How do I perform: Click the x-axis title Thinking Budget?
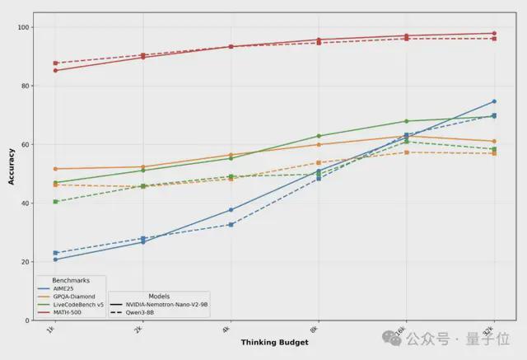tap(274, 342)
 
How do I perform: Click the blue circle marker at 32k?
tap(494, 101)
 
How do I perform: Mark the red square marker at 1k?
tap(55, 63)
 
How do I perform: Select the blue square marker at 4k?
tap(231, 224)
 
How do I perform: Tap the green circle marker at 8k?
tap(319, 136)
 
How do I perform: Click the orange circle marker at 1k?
tap(55, 169)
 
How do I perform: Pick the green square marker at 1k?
tap(55, 202)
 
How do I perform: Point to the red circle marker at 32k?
tap(494, 33)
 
